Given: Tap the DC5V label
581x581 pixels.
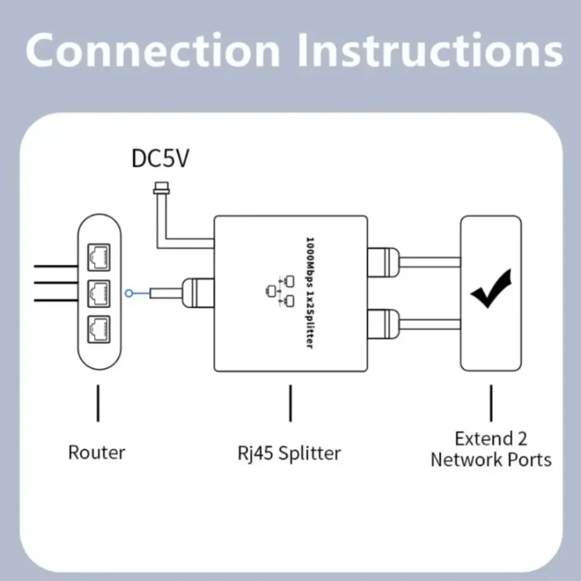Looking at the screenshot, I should [160, 158].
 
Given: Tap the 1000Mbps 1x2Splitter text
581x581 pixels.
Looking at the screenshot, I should [309, 293].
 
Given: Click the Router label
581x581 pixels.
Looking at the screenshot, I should [96, 452].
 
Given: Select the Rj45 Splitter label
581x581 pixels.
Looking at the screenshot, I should [291, 453].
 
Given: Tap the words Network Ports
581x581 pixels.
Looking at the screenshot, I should [491, 460].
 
